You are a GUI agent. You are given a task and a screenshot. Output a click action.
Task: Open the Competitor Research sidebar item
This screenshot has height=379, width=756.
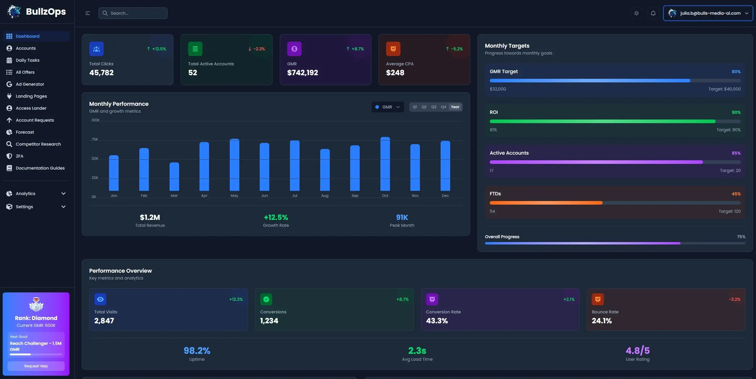pyautogui.click(x=38, y=144)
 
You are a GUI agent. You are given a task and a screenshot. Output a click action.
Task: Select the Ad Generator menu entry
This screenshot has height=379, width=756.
pyautogui.click(x=30, y=84)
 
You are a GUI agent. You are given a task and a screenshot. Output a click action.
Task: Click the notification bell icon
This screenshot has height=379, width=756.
pyautogui.click(x=653, y=13)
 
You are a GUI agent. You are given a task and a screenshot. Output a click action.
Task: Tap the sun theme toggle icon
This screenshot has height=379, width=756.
pyautogui.click(x=636, y=13)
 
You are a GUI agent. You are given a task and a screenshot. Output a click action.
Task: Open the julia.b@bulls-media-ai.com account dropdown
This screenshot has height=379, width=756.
pyautogui.click(x=708, y=13)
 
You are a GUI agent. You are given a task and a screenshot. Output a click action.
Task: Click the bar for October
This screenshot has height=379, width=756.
pyautogui.click(x=385, y=164)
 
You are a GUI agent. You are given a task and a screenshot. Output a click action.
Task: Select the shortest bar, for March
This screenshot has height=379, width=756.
pyautogui.click(x=174, y=177)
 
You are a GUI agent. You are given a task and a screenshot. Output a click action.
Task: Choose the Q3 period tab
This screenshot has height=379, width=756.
pyautogui.click(x=433, y=107)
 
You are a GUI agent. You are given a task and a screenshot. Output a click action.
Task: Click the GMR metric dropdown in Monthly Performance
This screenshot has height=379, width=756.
pyautogui.click(x=388, y=107)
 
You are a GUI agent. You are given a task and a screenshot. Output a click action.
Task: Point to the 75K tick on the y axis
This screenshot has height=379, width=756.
pyautogui.click(x=95, y=139)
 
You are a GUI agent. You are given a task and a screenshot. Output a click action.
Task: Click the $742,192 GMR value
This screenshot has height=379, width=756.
pyautogui.click(x=302, y=73)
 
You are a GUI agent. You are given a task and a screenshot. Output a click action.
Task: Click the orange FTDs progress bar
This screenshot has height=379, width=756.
pyautogui.click(x=546, y=203)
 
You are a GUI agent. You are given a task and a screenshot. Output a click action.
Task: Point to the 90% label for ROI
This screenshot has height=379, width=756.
pyautogui.click(x=736, y=112)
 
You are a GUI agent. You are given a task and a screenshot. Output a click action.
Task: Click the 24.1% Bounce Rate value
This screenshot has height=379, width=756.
pyautogui.click(x=601, y=321)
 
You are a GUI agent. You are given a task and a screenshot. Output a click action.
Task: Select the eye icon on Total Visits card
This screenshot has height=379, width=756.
pyautogui.click(x=100, y=299)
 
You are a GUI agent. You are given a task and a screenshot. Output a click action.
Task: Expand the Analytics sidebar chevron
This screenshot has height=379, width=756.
pyautogui.click(x=63, y=194)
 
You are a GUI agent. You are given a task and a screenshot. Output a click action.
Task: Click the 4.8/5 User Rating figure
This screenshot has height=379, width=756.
pyautogui.click(x=637, y=351)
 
